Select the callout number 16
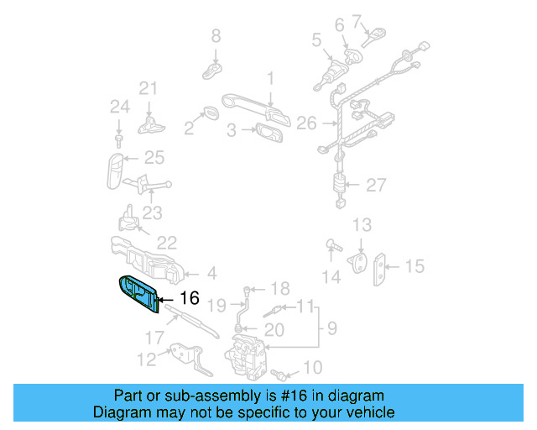click(189, 298)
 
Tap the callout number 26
click(306, 123)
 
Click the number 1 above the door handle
click(270, 78)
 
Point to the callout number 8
click(216, 35)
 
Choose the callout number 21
click(149, 88)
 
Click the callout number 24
click(118, 107)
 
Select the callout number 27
click(375, 186)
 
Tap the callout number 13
click(361, 225)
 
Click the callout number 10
click(311, 367)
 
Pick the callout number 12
click(146, 360)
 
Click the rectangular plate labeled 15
click(382, 267)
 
